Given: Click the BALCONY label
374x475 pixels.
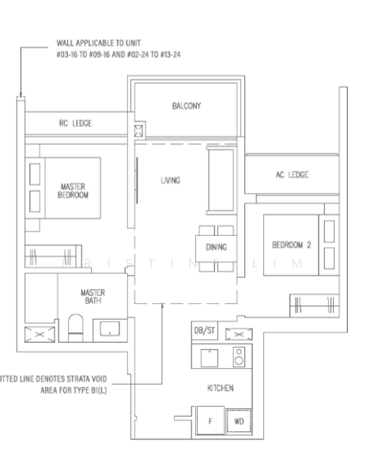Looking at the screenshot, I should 187,105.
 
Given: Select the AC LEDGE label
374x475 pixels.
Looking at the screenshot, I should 291,175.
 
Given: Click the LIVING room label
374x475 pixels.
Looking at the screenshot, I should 170,180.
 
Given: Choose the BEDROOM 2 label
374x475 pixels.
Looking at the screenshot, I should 292,245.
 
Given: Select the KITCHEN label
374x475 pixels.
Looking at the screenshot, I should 219,388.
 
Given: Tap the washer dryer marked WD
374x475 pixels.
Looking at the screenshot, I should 239,421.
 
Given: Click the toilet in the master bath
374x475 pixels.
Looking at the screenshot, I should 75,327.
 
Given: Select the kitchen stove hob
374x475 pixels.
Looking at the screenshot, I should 239,357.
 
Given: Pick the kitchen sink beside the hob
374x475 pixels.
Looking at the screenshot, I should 208,357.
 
